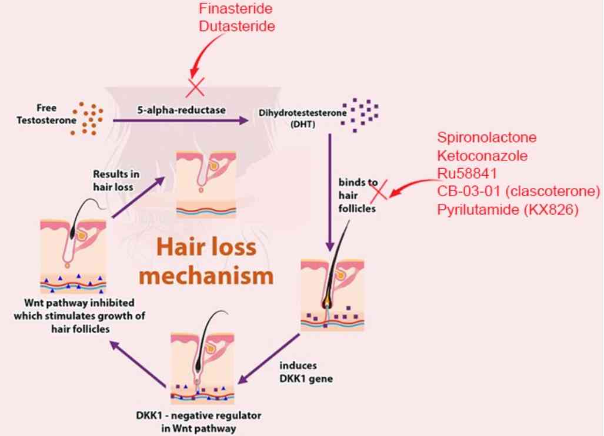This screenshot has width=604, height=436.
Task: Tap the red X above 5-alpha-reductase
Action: tap(196, 88)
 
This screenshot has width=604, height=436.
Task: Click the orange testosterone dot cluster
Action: tap(87, 118)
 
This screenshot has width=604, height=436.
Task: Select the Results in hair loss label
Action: tap(115, 180)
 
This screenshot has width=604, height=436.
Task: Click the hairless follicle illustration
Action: tap(206, 183)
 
